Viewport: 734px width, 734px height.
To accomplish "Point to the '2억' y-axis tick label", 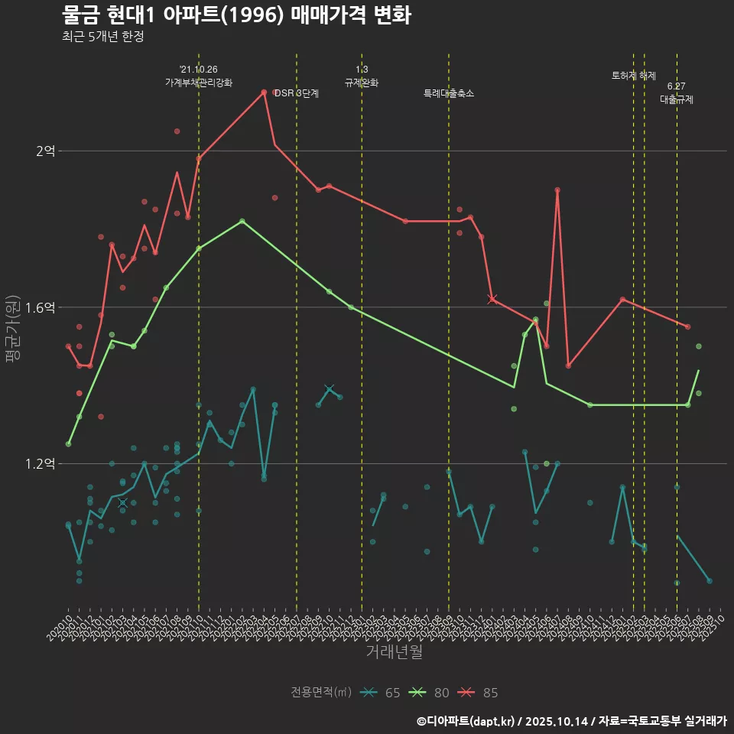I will [x=45, y=151].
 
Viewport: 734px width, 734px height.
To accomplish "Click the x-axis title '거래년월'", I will [x=394, y=652].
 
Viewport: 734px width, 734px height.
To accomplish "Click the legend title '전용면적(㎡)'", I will [x=321, y=693].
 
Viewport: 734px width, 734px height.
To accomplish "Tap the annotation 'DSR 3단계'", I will [x=297, y=93].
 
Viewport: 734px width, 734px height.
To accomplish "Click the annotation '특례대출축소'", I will [x=449, y=93].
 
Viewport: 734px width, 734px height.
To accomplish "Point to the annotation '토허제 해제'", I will [x=634, y=76].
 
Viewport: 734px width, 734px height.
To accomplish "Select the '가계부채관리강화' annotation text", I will [x=199, y=83].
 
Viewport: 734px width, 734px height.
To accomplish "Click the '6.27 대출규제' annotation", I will [x=677, y=93].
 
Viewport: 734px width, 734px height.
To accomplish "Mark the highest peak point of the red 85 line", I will [x=264, y=92].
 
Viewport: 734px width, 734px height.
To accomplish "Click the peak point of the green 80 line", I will [x=242, y=221].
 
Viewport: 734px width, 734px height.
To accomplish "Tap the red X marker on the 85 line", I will [x=492, y=299].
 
